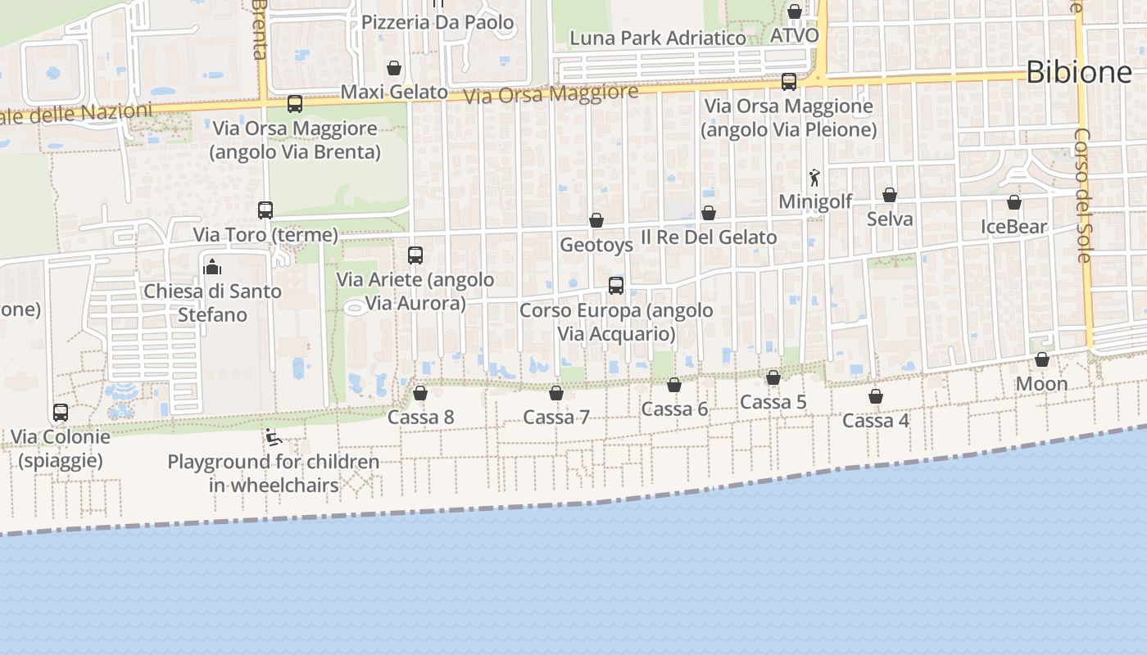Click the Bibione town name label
(x=1078, y=73)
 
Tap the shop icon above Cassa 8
(x=420, y=394)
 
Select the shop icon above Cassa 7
(x=556, y=394)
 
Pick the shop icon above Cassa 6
(x=674, y=385)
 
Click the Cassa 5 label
(x=773, y=402)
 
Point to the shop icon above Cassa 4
(x=876, y=397)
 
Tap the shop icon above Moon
(x=1042, y=359)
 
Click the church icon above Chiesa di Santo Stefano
(x=212, y=267)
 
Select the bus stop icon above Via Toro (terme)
(x=265, y=210)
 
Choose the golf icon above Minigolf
(x=814, y=178)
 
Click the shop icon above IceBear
(x=1014, y=202)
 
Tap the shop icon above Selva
(x=890, y=195)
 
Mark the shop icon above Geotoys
(x=596, y=220)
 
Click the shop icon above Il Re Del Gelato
(x=709, y=213)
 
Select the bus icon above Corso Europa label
(x=616, y=286)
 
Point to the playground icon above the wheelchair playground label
(x=274, y=438)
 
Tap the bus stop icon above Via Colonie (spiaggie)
(x=61, y=413)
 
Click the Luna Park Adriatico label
(x=658, y=38)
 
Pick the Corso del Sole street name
(x=1083, y=195)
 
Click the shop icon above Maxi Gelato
(x=394, y=67)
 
